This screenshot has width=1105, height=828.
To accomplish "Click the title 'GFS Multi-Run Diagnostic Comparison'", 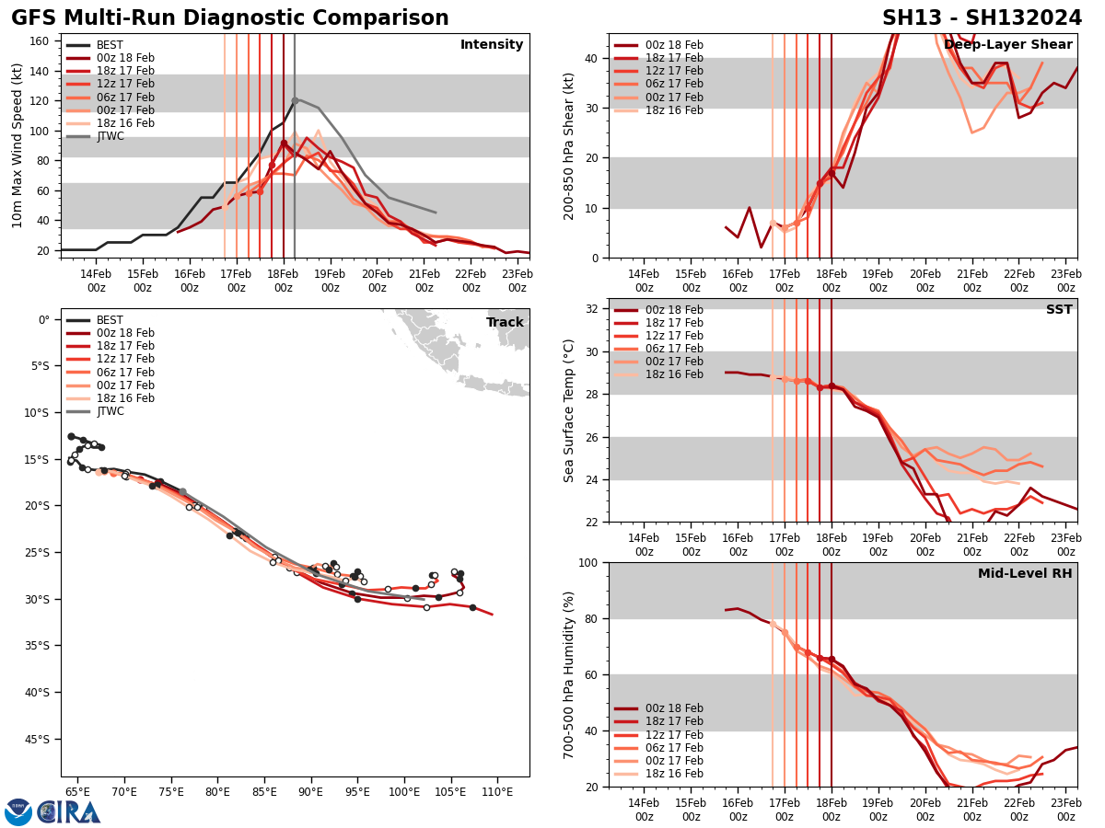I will coord(230,18).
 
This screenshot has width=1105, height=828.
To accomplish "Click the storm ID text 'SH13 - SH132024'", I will coord(982,18).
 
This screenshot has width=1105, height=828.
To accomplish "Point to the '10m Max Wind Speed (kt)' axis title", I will coord(17,145).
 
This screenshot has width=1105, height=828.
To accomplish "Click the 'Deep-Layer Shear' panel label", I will coord(1007,45).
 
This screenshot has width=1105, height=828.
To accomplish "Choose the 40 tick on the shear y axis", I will coord(592,58).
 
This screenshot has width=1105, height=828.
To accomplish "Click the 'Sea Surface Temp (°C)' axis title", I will coord(570,410).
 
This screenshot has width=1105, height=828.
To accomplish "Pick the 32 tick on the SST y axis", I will coord(592,309).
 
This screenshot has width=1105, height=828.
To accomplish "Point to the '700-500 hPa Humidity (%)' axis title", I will coord(570,674).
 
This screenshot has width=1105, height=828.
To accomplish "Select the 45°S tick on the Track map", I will coord(38,739).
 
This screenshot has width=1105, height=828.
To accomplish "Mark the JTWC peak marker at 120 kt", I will coord(295,100).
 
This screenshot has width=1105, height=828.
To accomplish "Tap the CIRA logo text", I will coord(69,812).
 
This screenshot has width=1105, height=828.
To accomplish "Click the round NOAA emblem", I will coord(18,812).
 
